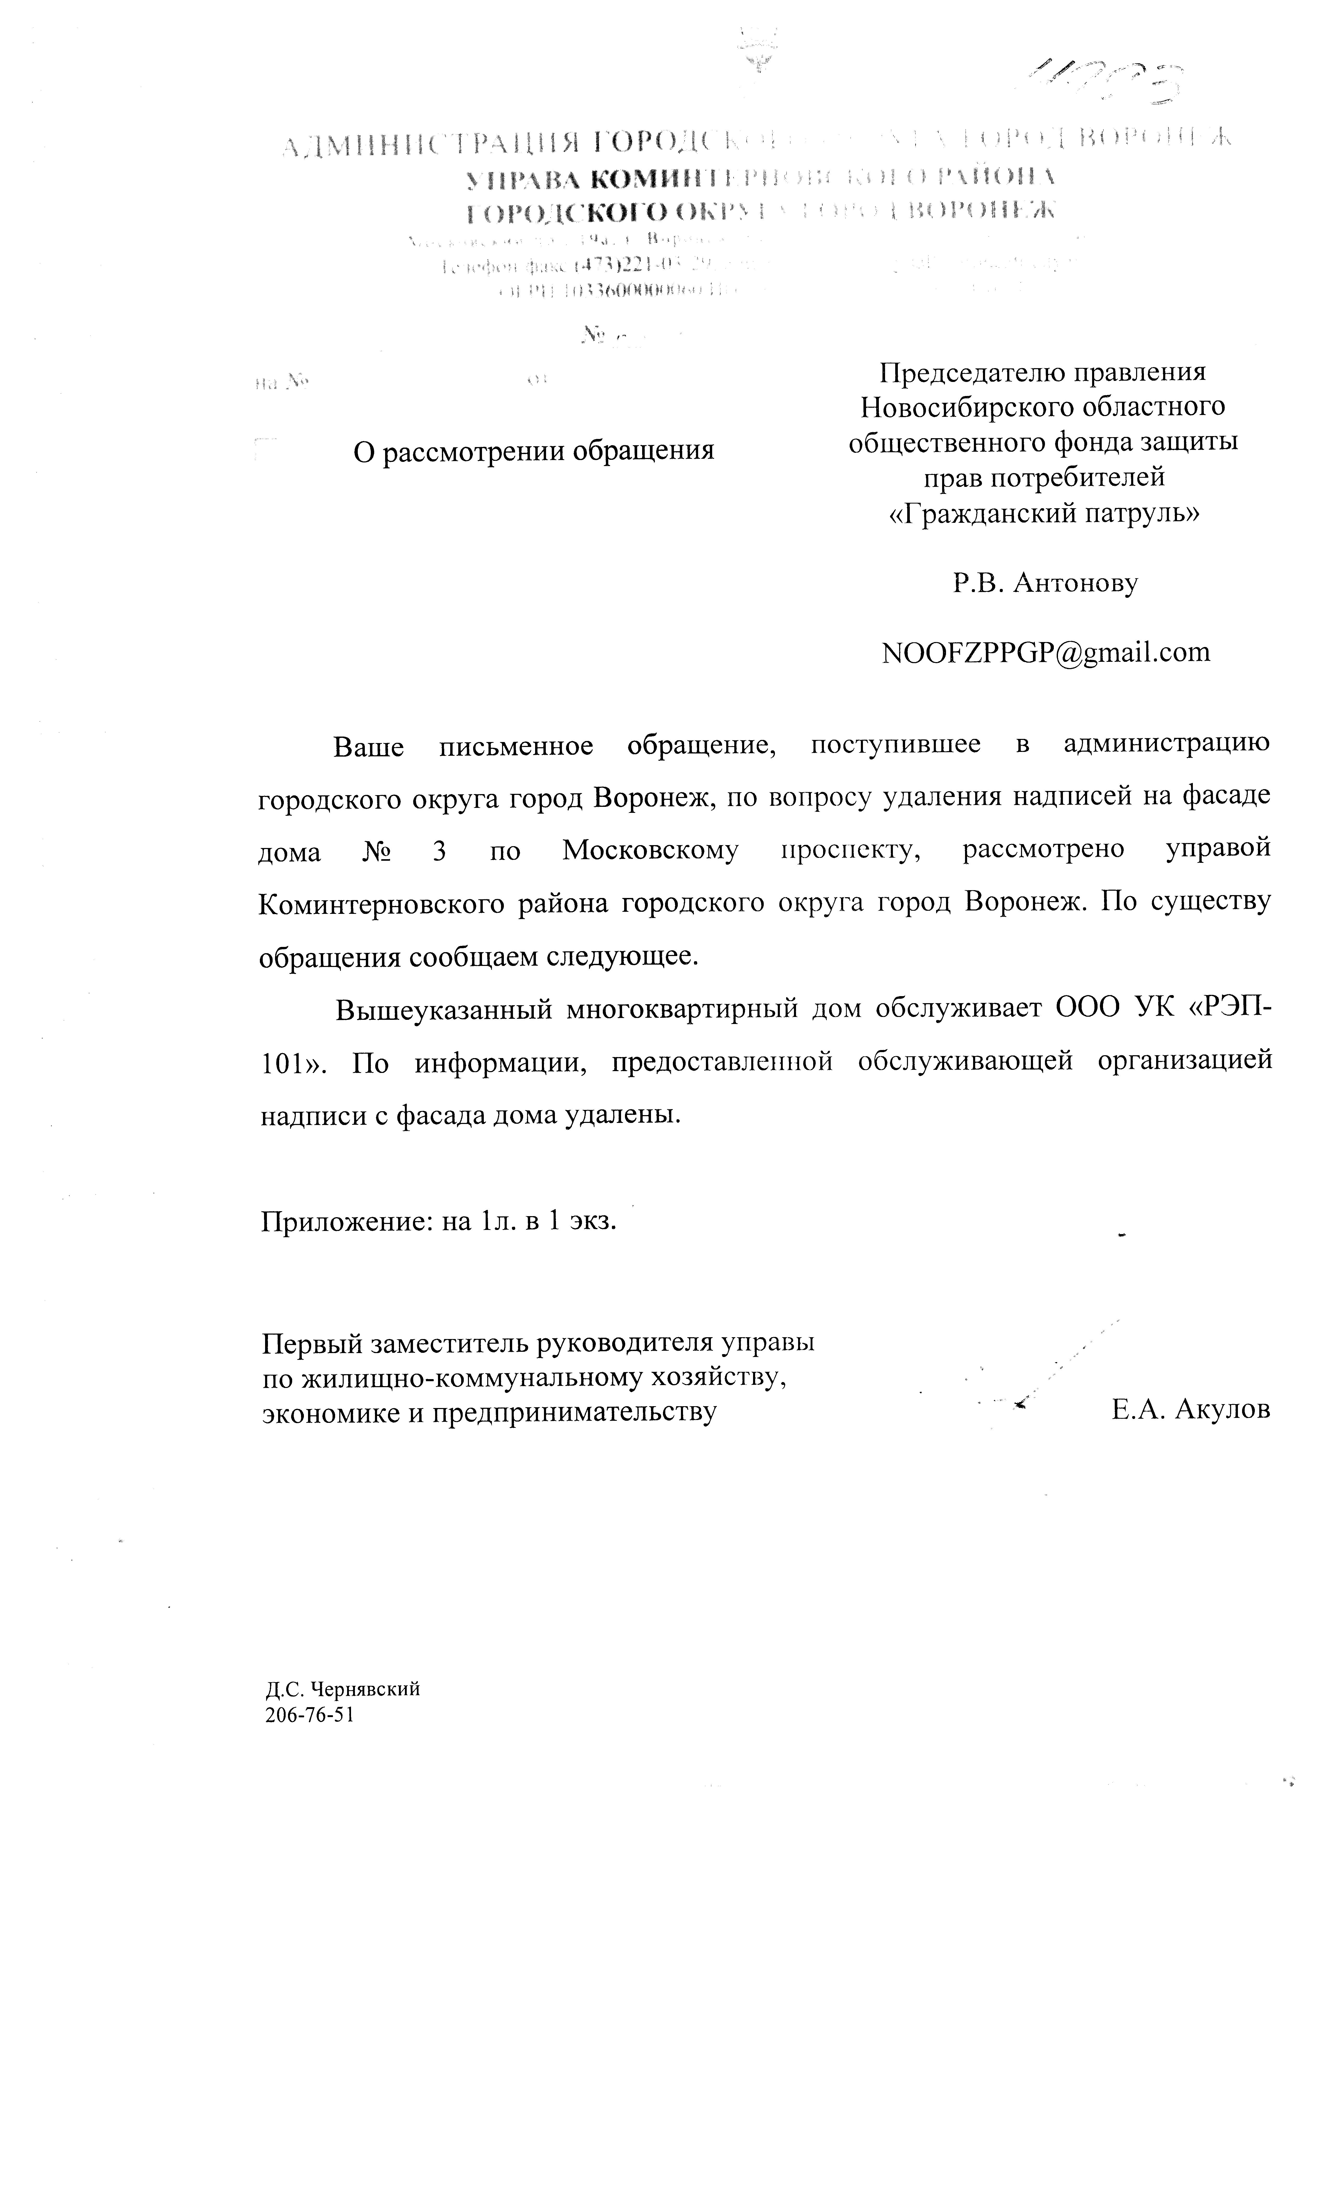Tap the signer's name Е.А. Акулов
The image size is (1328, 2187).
point(1189,1409)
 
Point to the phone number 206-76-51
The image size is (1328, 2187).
point(309,1715)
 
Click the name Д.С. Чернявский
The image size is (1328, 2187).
point(342,1689)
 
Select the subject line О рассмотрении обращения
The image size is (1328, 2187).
point(534,451)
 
